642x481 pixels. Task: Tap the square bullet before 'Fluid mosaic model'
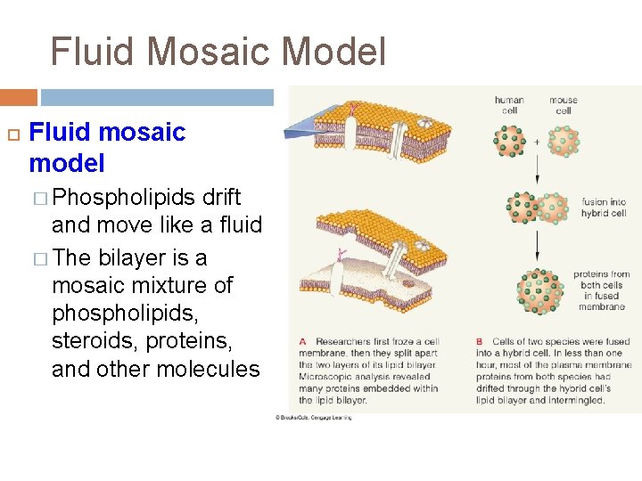point(12,134)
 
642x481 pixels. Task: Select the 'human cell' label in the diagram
point(509,105)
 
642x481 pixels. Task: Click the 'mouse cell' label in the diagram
point(564,105)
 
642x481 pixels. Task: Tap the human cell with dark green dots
point(511,140)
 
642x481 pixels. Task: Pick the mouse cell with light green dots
point(564,140)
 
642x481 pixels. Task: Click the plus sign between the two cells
point(537,141)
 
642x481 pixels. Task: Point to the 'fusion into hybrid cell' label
point(604,208)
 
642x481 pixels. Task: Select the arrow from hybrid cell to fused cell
point(537,246)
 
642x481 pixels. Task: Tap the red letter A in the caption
point(303,342)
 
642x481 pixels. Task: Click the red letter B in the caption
point(480,342)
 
